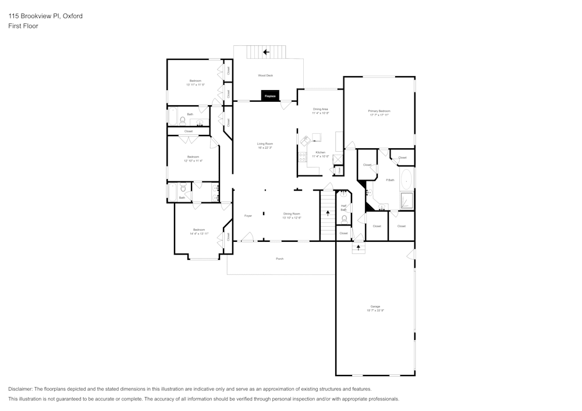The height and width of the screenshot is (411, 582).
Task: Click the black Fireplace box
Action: click(x=269, y=95)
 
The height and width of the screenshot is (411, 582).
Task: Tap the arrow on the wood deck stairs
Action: click(x=266, y=52)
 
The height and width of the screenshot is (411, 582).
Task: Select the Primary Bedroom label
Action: click(x=379, y=110)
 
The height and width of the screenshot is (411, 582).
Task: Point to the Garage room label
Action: click(x=375, y=306)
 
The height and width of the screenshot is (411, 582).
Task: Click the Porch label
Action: click(x=279, y=259)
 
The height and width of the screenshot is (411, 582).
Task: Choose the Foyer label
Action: click(x=248, y=216)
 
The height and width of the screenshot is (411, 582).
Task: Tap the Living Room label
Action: click(x=265, y=144)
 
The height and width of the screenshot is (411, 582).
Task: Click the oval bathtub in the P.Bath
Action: click(x=406, y=180)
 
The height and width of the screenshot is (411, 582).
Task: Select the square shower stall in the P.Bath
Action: click(x=406, y=201)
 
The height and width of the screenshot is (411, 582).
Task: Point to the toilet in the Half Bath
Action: click(x=345, y=219)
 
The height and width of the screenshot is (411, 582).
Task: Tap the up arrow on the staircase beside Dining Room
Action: click(x=328, y=213)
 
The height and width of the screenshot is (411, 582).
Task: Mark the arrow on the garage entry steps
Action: click(x=359, y=247)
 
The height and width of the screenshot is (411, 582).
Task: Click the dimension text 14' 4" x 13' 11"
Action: click(x=198, y=234)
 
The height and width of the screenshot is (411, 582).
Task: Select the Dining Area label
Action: click(x=321, y=109)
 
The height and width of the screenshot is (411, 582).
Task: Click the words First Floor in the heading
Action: click(x=23, y=26)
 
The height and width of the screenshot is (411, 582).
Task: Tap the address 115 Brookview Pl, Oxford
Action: click(x=45, y=16)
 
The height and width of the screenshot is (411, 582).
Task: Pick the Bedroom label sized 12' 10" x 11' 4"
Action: click(x=193, y=157)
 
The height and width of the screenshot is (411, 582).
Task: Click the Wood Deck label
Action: click(x=265, y=76)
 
